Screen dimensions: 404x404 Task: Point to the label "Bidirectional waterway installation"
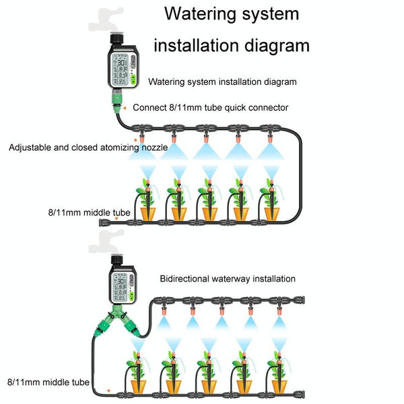coord(228,278)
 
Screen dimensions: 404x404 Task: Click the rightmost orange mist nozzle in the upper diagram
coord(269,139)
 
